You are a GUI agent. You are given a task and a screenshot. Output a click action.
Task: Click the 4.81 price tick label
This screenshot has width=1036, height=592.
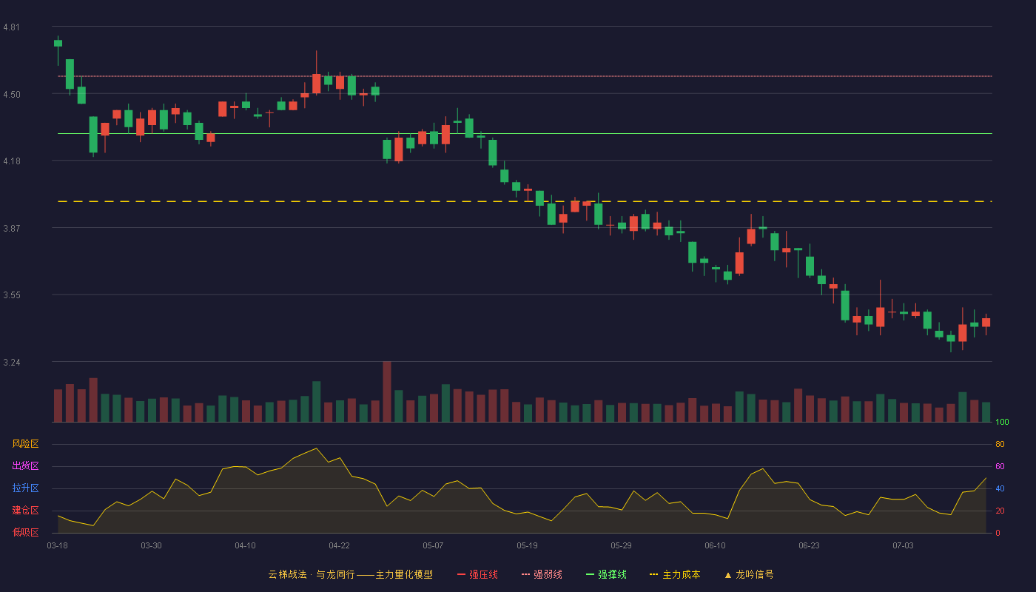coord(12,27)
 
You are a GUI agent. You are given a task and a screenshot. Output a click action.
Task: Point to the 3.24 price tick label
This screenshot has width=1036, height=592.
coord(12,363)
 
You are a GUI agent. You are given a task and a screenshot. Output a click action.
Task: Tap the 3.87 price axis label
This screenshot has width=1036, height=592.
coord(12,229)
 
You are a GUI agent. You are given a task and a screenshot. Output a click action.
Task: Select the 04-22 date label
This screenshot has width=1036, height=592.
coord(339,546)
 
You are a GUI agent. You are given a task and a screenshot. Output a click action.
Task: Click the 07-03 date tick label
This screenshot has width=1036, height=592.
coord(903,546)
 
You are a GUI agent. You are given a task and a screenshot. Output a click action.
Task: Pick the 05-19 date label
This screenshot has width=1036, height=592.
coord(527,546)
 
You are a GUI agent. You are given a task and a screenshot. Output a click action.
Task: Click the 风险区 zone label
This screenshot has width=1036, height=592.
coord(25,444)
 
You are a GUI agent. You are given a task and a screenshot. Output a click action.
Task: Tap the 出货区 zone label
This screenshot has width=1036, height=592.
coord(25,465)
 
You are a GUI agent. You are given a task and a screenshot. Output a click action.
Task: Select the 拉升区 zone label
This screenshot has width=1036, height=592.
coord(25,488)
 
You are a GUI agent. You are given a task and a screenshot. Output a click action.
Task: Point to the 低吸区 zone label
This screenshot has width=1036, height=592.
coord(25,532)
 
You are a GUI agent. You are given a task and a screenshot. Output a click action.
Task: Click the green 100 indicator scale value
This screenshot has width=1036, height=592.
coord(1002,422)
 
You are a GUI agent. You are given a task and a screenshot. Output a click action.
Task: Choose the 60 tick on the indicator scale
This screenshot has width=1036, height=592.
coord(1000,466)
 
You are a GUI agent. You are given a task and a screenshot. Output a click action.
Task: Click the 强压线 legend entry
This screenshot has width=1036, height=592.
coord(477,575)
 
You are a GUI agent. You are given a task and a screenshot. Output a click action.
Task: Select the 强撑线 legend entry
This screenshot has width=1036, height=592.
coord(606,575)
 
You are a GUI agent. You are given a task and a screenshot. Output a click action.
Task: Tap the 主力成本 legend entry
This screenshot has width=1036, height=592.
coord(675,575)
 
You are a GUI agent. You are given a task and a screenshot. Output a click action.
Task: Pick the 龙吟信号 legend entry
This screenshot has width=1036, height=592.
coord(749,575)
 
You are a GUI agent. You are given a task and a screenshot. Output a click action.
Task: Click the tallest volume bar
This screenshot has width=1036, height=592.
coord(387,391)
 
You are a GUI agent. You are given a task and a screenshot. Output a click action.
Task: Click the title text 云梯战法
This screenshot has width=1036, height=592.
coord(287,575)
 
